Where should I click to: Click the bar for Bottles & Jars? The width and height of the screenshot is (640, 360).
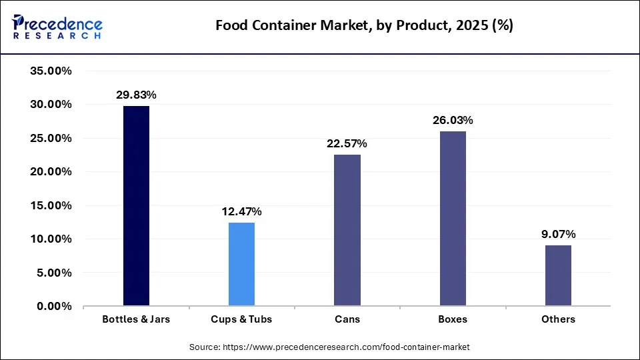(x=136, y=206)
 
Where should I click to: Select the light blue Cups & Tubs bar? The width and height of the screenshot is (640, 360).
(x=241, y=264)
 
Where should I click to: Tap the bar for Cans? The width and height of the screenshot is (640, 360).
(x=347, y=230)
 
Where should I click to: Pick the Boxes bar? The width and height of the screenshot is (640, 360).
(x=453, y=219)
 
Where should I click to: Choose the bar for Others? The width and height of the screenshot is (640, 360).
(x=558, y=275)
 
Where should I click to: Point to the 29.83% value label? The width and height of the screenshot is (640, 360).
(x=136, y=95)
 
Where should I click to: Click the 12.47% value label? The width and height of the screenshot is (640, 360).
(x=241, y=212)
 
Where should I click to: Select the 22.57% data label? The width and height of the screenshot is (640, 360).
(x=347, y=144)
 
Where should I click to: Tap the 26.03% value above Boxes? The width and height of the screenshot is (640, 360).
(x=453, y=121)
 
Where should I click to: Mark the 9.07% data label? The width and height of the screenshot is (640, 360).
(x=558, y=235)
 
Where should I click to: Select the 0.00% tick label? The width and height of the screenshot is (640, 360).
(x=54, y=307)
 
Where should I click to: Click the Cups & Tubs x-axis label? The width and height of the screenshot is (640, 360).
(x=241, y=319)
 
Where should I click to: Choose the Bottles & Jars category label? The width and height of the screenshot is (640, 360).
(x=136, y=319)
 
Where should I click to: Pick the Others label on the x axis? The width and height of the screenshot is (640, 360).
(x=558, y=319)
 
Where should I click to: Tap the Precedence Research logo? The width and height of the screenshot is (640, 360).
(x=57, y=26)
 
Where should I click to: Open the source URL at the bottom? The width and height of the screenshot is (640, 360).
(x=329, y=347)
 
